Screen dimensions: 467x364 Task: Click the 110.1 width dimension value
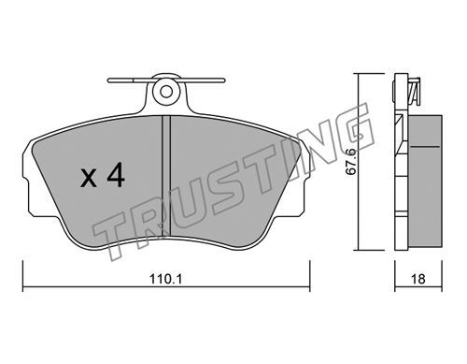(165, 279)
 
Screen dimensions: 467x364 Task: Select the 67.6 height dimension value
(351, 162)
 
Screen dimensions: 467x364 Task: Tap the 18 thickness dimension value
(418, 279)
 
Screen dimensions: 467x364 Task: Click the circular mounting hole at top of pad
(166, 92)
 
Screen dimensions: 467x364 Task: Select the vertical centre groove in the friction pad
(166, 176)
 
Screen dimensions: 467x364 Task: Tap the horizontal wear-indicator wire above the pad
(166, 80)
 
